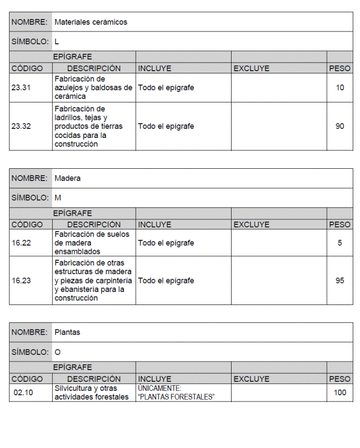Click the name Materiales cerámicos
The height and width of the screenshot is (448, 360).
coord(91,22)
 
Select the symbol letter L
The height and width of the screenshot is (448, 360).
coord(57,41)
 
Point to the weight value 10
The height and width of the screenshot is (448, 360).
coord(340,88)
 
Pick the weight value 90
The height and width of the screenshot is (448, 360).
coord(340,126)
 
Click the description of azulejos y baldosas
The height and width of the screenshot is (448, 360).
coord(93,88)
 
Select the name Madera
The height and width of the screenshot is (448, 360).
coord(67,178)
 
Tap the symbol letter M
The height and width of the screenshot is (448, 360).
coord(58,198)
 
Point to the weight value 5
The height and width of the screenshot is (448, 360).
coord(340,243)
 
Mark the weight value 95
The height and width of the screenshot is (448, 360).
coord(340,280)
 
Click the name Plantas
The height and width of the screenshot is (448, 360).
coord(67,332)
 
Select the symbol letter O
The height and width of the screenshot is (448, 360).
coord(58,352)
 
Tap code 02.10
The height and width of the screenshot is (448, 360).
coord(24,392)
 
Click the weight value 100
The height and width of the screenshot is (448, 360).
coord(340,392)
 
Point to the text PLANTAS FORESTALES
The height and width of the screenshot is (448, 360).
coord(177,397)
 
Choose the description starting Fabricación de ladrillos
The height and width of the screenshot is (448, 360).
coord(89,126)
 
